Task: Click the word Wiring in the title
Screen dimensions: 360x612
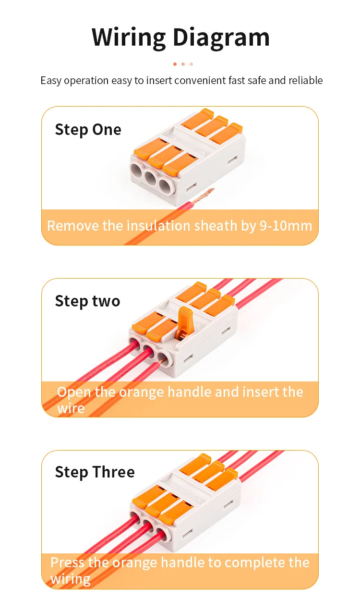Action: pyautogui.click(x=129, y=38)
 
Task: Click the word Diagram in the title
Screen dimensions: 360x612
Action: pyautogui.click(x=221, y=38)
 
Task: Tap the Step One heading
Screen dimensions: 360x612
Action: pyautogui.click(x=88, y=130)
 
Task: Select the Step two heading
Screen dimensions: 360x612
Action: pyautogui.click(x=88, y=301)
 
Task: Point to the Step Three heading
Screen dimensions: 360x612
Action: pyautogui.click(x=95, y=472)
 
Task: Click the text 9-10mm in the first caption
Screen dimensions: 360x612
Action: pyautogui.click(x=286, y=226)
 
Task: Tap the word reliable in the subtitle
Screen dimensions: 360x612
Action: pyautogui.click(x=306, y=80)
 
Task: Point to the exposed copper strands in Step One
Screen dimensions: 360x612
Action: pyautogui.click(x=203, y=196)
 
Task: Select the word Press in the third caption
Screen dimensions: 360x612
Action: pyautogui.click(x=67, y=563)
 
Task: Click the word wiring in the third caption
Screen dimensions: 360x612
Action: pyautogui.click(x=71, y=579)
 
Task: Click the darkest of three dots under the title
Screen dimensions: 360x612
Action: pyautogui.click(x=175, y=64)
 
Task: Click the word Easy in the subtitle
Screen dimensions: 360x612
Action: pyautogui.click(x=51, y=81)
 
